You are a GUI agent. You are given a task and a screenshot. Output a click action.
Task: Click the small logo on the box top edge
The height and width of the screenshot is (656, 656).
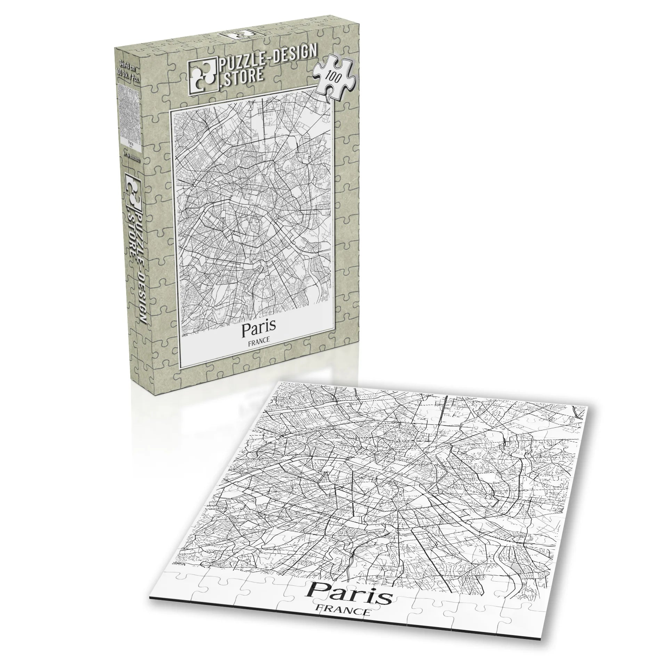click(237, 35)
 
